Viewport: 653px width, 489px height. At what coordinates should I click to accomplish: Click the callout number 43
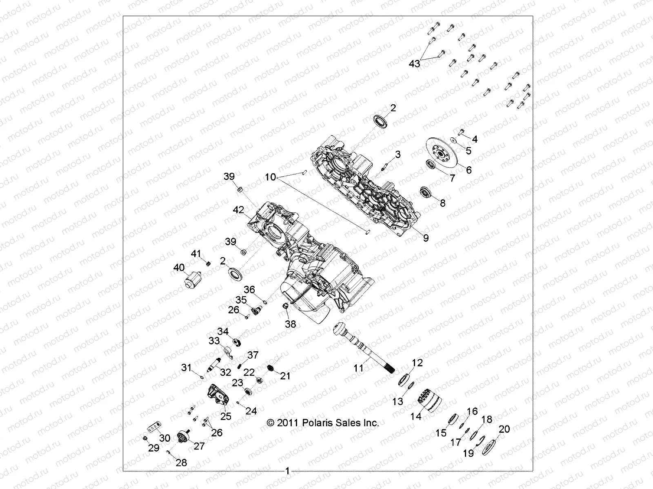click(414, 64)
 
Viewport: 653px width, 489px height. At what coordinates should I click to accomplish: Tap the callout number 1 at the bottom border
click(287, 471)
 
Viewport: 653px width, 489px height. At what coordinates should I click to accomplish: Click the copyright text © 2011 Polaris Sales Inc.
click(322, 423)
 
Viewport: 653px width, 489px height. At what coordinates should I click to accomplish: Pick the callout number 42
click(238, 210)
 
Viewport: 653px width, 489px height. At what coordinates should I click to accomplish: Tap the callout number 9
click(426, 238)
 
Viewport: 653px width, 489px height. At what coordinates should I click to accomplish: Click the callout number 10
click(282, 177)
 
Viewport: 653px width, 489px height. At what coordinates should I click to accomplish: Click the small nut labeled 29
click(146, 438)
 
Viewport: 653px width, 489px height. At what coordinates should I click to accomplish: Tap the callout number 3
click(398, 154)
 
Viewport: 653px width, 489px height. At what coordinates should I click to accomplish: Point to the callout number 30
click(164, 438)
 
